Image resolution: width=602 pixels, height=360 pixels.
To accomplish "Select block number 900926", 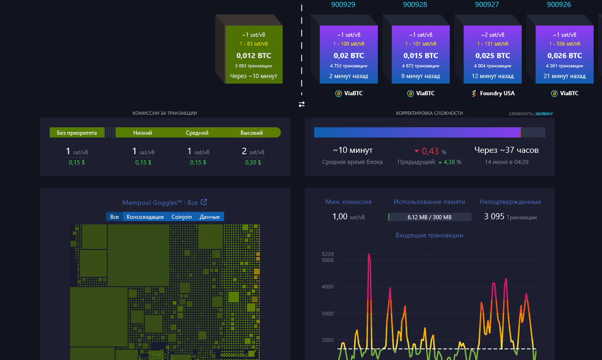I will point(559,5).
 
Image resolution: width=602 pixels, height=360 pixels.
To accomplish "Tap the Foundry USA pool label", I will point(497,93).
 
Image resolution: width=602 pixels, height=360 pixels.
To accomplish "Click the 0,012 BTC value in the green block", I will point(253,56).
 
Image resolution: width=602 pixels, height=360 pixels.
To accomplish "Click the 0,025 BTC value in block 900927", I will point(493,56).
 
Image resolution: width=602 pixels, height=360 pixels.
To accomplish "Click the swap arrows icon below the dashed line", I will point(302,104).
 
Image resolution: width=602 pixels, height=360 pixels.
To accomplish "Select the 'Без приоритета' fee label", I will point(77,133).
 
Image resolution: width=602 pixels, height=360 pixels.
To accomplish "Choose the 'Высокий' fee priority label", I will point(252,133).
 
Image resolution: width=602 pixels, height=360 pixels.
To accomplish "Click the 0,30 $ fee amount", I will point(252,162).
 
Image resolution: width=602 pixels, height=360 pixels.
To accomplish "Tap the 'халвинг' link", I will point(544,114).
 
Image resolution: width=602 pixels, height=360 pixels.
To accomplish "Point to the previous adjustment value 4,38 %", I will point(452,162).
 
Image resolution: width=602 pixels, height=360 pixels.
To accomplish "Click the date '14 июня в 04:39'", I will point(506,162).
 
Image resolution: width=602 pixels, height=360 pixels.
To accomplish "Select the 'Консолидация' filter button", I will point(145,217).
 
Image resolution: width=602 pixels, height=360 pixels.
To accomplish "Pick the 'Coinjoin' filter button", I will point(182,217).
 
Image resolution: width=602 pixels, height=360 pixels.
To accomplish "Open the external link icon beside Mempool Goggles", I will point(204,202).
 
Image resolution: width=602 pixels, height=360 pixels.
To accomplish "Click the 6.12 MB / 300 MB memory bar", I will point(429,217).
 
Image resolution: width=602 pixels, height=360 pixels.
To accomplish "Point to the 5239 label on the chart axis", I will point(327,254).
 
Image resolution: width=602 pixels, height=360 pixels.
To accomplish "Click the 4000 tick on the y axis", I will point(327,287).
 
